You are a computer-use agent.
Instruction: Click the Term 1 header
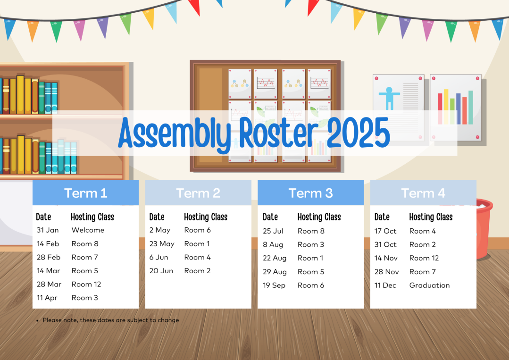pyautogui.click(x=86, y=193)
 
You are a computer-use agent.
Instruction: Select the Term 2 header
pyautogui.click(x=198, y=193)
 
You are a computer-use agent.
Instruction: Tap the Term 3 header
pyautogui.click(x=311, y=193)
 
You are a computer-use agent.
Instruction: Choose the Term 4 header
pyautogui.click(x=423, y=193)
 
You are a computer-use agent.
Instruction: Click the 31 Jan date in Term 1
pyautogui.click(x=48, y=230)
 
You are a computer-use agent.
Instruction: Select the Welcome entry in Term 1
pyautogui.click(x=88, y=230)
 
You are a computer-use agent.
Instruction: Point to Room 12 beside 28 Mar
pyautogui.click(x=86, y=285)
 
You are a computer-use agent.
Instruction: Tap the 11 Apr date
pyautogui.click(x=47, y=298)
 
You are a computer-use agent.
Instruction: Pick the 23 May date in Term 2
pyautogui.click(x=162, y=244)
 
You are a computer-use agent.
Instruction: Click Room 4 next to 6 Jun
pyautogui.click(x=197, y=258)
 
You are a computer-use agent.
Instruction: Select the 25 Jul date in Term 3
pyautogui.click(x=273, y=231)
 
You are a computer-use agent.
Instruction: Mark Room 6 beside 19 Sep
pyautogui.click(x=311, y=285)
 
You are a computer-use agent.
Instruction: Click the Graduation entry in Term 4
pyautogui.click(x=429, y=285)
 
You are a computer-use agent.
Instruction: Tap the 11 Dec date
pyautogui.click(x=385, y=285)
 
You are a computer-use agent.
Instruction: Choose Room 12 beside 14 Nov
pyautogui.click(x=424, y=258)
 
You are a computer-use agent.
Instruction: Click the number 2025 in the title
pyautogui.click(x=359, y=133)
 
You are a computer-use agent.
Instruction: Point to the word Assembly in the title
pyautogui.click(x=175, y=134)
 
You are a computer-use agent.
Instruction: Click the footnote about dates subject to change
pyautogui.click(x=111, y=320)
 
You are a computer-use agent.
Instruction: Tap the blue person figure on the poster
pyautogui.click(x=389, y=98)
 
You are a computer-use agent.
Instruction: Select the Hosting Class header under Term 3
pyautogui.click(x=319, y=217)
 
